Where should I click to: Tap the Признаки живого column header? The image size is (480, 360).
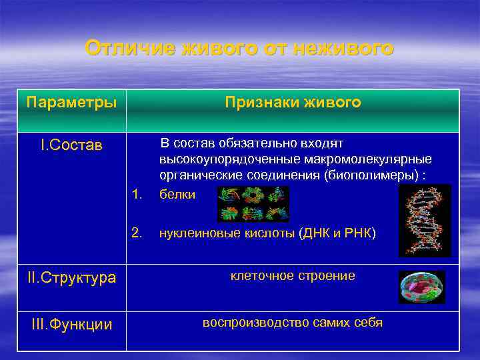tap(293, 103)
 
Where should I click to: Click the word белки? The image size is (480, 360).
tap(177, 195)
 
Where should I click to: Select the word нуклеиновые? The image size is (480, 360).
tap(193, 233)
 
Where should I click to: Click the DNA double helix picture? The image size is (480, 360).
tap(425, 220)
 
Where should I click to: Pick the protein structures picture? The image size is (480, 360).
tap(253, 203)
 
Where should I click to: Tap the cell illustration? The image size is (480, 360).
tap(421, 287)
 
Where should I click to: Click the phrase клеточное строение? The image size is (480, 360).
tap(293, 275)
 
